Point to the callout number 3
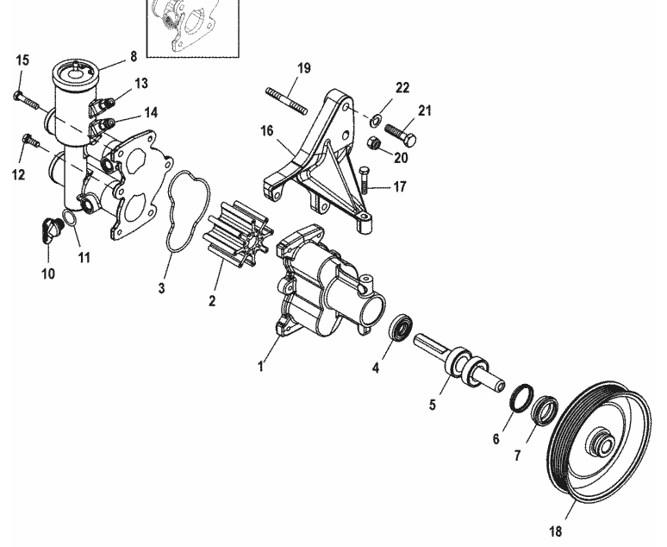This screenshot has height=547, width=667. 161,287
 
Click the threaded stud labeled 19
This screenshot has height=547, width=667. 288,97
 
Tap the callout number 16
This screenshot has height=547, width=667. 265,131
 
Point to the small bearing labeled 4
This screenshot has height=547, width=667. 400,330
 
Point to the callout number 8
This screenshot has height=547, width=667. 134,57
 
